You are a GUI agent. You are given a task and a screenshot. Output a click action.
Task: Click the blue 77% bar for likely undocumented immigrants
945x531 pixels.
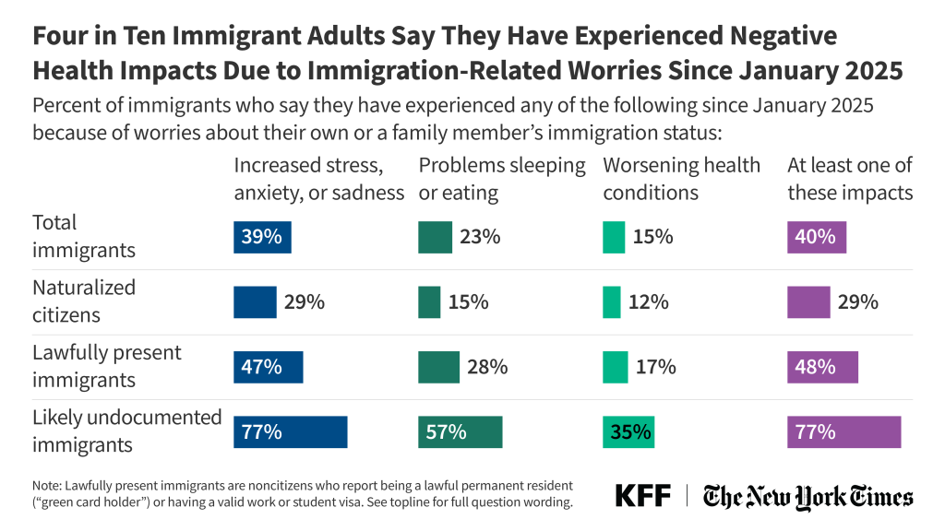click(290, 431)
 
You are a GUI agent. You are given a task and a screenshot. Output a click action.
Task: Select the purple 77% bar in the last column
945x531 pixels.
click(843, 431)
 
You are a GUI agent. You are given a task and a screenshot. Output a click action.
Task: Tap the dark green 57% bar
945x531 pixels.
click(460, 431)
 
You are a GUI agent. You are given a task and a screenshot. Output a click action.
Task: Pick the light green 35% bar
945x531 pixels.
click(628, 431)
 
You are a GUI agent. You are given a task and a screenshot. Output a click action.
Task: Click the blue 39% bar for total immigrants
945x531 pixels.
click(262, 237)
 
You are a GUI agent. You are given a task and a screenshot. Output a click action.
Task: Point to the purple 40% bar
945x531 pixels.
click(816, 237)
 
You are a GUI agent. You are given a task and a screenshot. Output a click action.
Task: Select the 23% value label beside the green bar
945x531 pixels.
click(480, 237)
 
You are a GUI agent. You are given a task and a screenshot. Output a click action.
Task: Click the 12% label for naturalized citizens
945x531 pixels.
click(650, 301)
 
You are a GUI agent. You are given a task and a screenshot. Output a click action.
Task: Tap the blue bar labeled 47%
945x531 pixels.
click(268, 367)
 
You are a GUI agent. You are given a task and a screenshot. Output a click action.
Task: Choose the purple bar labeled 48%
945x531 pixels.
click(821, 367)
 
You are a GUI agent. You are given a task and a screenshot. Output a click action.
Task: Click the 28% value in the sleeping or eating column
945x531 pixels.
click(487, 367)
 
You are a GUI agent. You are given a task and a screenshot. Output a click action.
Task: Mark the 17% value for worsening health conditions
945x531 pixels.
click(655, 367)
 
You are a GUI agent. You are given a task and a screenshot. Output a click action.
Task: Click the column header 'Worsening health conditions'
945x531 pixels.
click(681, 179)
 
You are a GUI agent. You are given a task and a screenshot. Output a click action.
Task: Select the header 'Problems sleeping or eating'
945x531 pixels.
click(502, 179)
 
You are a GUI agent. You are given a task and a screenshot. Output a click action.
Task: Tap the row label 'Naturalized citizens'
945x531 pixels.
click(83, 301)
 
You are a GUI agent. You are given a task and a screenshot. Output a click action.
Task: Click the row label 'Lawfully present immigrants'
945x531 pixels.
click(106, 366)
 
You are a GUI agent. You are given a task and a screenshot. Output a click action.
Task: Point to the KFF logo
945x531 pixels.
click(642, 496)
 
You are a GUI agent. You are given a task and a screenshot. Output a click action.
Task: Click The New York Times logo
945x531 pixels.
click(807, 497)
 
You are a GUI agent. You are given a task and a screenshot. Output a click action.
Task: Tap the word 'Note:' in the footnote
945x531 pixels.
click(49, 484)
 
